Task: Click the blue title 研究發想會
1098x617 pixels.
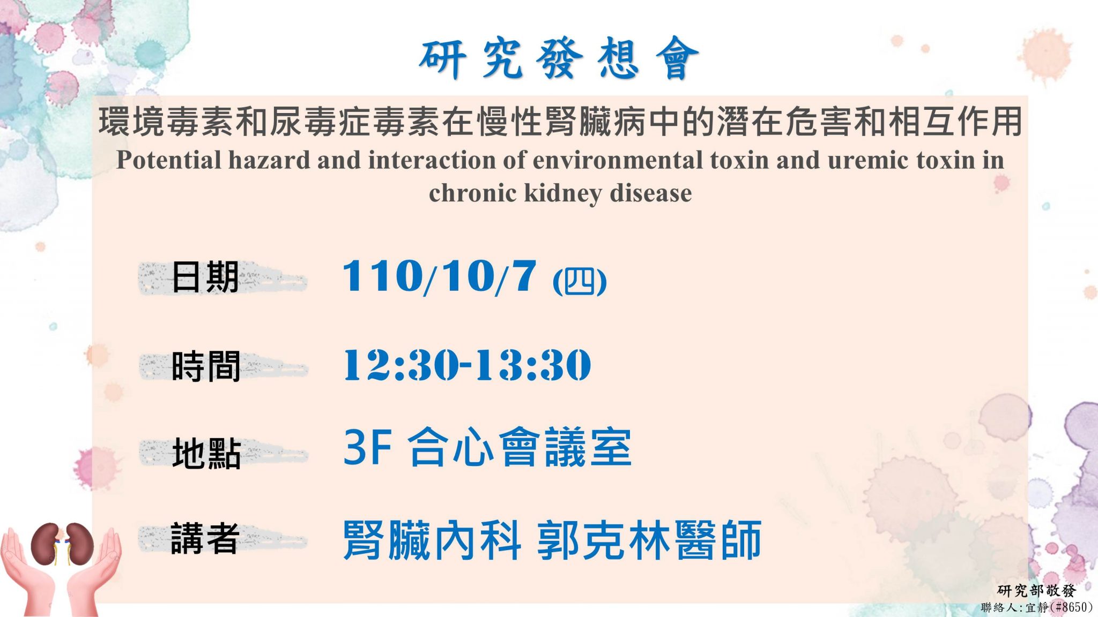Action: click(x=559, y=58)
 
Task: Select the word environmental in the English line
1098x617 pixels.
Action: click(x=618, y=160)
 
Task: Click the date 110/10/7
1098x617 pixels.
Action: click(x=440, y=277)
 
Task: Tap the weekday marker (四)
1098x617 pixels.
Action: click(x=580, y=281)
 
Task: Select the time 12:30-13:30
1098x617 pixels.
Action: click(x=467, y=365)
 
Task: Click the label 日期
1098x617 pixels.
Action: click(x=205, y=277)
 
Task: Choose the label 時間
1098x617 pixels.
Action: click(x=205, y=366)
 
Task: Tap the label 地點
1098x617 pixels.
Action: click(x=206, y=453)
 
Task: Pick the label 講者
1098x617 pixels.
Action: click(x=205, y=538)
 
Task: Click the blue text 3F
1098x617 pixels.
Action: click(x=367, y=447)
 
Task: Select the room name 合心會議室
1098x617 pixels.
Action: click(x=520, y=447)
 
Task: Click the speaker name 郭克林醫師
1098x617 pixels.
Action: click(x=649, y=540)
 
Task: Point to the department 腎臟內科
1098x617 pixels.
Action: click(x=432, y=540)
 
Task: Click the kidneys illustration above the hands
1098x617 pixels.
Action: click(x=62, y=544)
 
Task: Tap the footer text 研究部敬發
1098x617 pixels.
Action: click(x=1036, y=591)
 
